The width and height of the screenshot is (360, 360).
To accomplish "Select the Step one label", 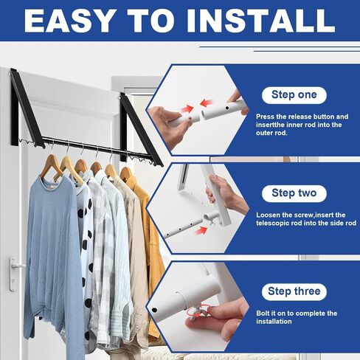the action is (294, 95).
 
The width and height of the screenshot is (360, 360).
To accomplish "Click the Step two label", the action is (294, 193).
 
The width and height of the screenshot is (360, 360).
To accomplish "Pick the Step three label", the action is (294, 291).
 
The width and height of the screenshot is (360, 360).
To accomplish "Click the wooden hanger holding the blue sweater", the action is (52, 167).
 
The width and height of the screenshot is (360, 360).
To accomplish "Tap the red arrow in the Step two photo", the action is (201, 230).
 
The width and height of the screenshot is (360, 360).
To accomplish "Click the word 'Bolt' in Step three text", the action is (262, 314).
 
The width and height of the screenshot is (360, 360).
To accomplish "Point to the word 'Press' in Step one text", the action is (265, 117).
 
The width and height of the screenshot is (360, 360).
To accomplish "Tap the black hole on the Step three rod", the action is (154, 310).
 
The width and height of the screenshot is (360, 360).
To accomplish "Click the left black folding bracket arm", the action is (27, 108).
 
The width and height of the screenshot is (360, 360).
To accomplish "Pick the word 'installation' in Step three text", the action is (274, 322).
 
